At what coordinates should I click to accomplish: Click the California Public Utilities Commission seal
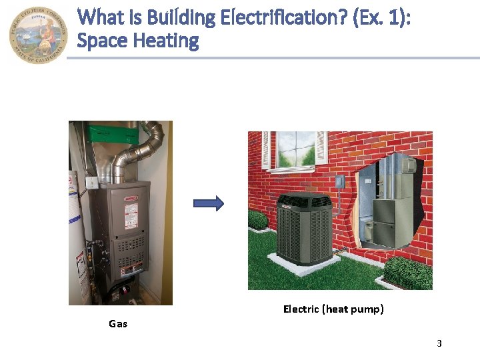coord(39,34)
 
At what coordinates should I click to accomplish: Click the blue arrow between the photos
coord(209,205)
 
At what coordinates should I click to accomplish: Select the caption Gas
coord(118,324)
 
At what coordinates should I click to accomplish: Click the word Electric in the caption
coord(301,309)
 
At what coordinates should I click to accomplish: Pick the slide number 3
coord(439,343)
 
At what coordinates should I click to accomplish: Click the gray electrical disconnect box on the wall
coord(339,181)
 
